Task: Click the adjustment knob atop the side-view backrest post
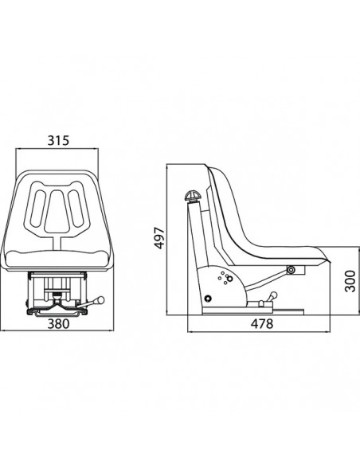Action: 193,196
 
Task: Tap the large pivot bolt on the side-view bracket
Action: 209,298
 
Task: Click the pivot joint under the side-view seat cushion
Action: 289,271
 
